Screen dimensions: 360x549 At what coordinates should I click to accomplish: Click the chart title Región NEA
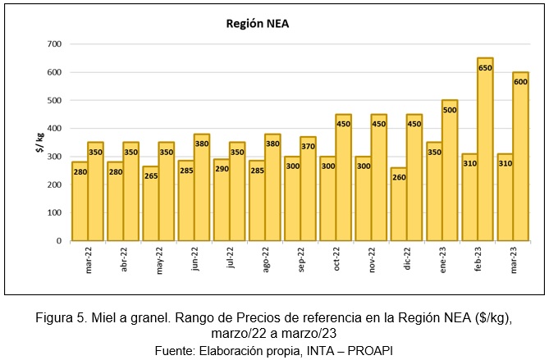point(258,24)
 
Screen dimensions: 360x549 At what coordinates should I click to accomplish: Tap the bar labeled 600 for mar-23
point(520,156)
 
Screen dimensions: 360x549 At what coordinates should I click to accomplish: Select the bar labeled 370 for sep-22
point(308,189)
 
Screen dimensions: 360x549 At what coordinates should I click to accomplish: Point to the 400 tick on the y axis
point(54,129)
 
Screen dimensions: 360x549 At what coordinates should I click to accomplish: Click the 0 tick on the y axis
point(58,241)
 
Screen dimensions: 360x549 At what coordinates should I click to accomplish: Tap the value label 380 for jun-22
point(202,143)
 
